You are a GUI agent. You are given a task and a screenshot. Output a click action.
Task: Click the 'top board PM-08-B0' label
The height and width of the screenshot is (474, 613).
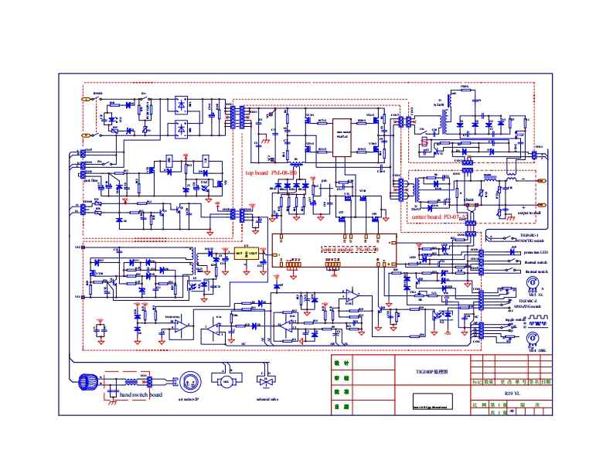(x=267, y=173)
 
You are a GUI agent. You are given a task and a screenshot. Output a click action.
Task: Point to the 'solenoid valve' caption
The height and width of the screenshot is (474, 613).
(x=267, y=400)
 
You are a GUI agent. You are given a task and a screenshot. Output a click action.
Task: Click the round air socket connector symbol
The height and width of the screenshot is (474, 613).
(x=188, y=382)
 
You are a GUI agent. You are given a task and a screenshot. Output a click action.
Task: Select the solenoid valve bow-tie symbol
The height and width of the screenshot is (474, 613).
(x=267, y=382)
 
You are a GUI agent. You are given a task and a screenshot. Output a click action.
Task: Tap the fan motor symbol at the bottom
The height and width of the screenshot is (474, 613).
(x=226, y=382)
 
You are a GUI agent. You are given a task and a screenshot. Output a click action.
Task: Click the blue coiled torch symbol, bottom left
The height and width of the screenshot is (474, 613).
(x=89, y=381)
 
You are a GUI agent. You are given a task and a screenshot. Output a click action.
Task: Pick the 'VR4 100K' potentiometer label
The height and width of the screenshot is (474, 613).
(x=536, y=350)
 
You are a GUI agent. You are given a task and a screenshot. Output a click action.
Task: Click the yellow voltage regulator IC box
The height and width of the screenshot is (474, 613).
(x=247, y=253)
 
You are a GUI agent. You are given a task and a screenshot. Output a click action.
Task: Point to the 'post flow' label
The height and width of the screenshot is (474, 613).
(x=91, y=180)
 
